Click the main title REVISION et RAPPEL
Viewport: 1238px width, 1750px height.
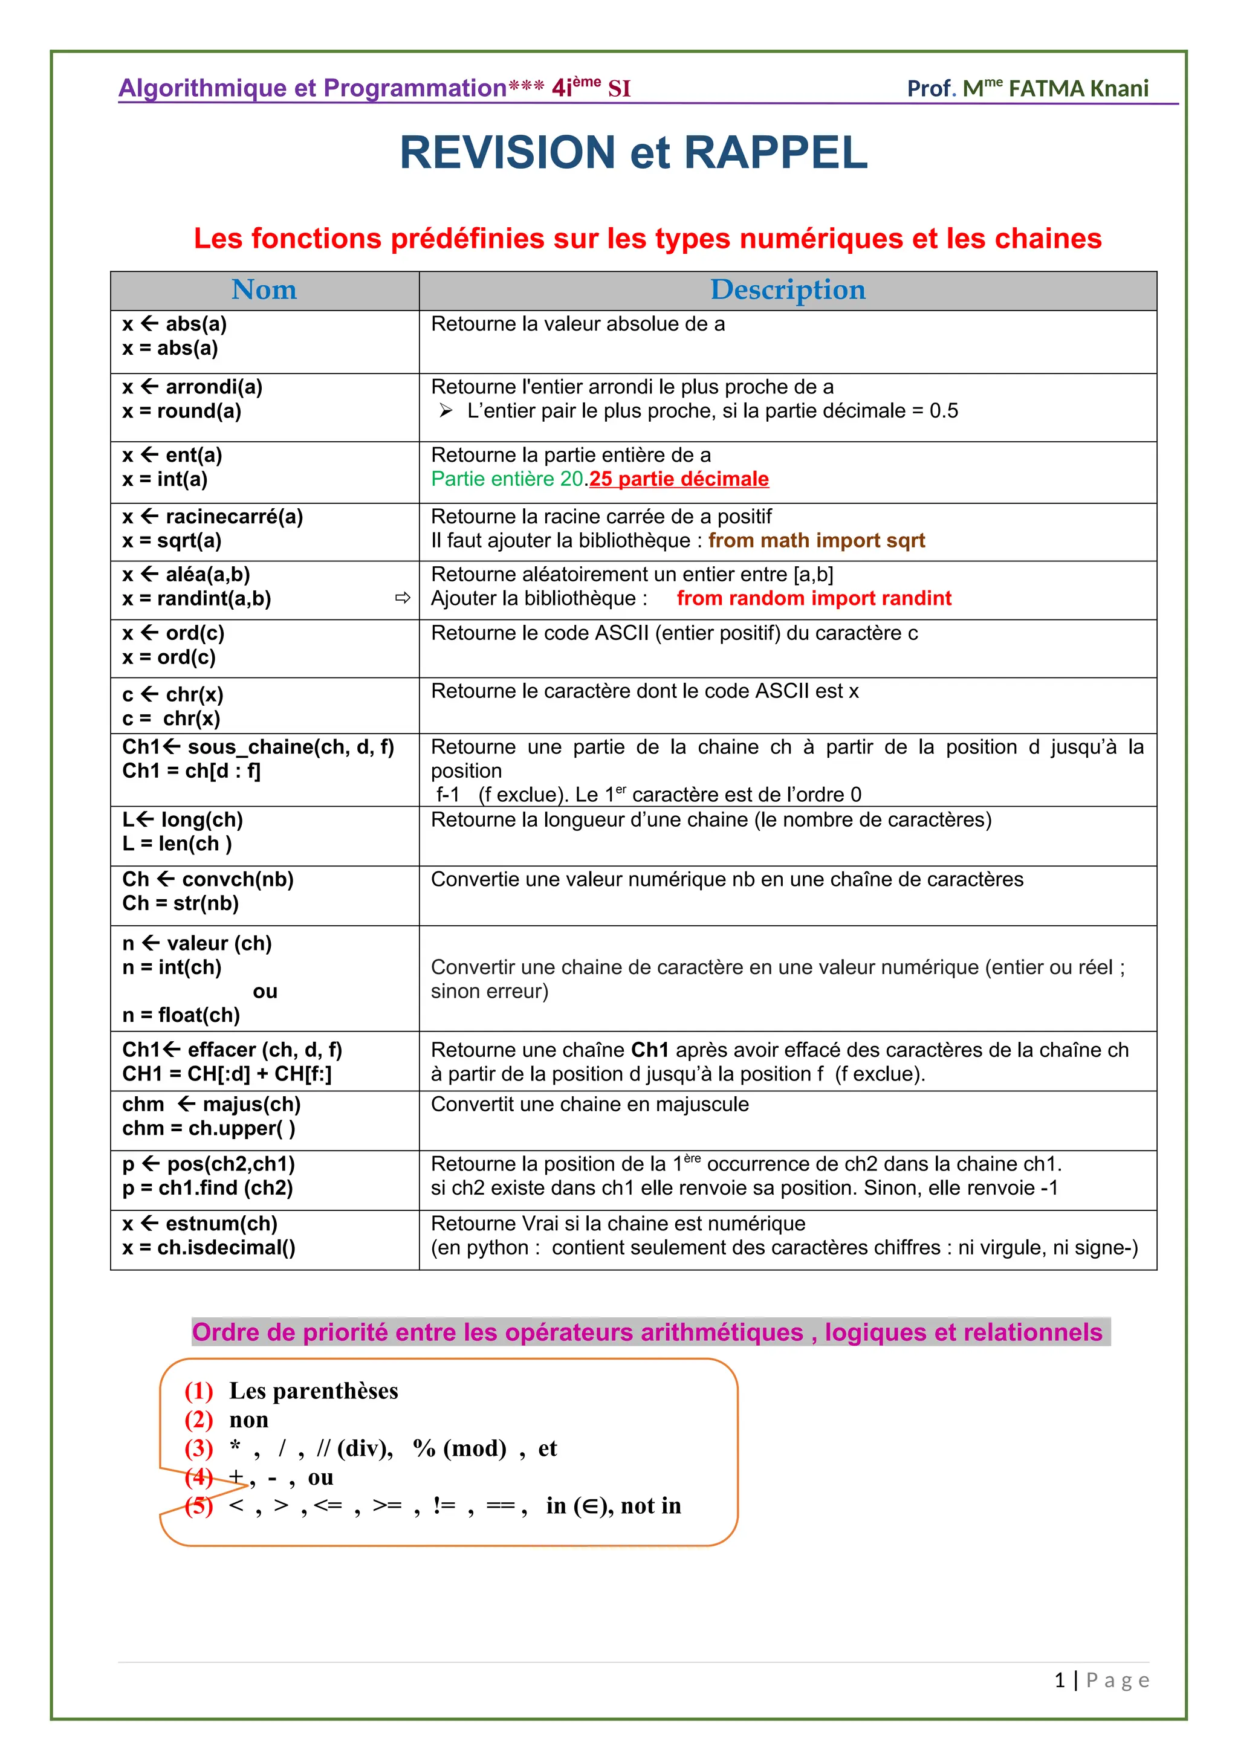pos(634,152)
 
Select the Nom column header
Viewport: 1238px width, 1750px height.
pos(264,289)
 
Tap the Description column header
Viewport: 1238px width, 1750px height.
pos(788,289)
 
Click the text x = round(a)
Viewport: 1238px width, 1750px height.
pos(181,411)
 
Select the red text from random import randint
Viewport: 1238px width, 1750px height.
pos(814,598)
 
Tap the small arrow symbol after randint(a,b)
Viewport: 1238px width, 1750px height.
pos(403,598)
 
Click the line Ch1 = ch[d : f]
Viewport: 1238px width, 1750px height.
pos(192,770)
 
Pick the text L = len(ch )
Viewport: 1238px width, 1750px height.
pos(177,844)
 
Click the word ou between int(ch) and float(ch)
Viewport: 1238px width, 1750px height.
pos(265,992)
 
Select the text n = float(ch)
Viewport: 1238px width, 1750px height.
pos(181,1015)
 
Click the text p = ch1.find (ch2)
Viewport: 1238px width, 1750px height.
pos(207,1187)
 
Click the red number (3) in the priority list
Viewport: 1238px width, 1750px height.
pos(198,1448)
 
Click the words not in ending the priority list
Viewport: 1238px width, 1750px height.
pos(650,1505)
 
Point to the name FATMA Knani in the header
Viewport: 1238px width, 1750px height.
pos(1078,88)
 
